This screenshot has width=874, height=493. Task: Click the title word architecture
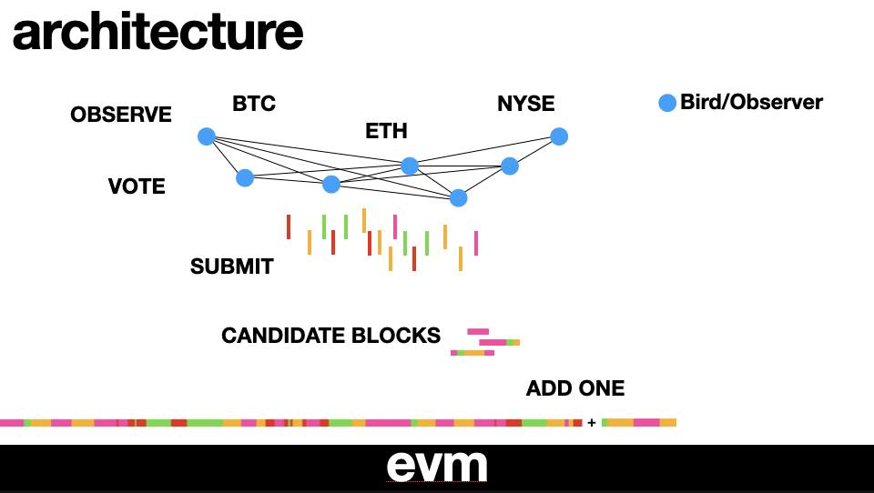[157, 33]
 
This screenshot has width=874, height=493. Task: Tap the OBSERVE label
[121, 115]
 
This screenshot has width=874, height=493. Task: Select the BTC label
[254, 105]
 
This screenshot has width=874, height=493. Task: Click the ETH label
[386, 131]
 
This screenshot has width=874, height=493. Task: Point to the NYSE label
[525, 104]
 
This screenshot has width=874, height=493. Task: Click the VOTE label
[137, 186]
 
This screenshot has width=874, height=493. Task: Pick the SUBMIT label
[232, 267]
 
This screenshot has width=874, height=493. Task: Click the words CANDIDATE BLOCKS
[330, 336]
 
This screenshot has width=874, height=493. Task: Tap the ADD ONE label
[575, 388]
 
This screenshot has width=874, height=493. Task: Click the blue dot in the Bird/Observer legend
[667, 104]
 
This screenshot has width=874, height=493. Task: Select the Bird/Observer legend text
[751, 103]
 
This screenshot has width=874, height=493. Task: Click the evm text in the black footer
[437, 466]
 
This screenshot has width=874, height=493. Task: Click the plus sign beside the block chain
[592, 423]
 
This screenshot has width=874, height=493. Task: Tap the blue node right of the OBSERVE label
[207, 136]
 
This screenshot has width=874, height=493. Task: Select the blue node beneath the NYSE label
[559, 136]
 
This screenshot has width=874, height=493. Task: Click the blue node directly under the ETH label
[410, 166]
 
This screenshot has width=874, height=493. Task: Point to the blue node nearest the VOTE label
[245, 177]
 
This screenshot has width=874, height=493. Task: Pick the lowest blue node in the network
[458, 197]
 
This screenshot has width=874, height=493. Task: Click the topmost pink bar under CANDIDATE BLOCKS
[478, 331]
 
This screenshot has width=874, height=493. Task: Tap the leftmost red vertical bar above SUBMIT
[289, 226]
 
